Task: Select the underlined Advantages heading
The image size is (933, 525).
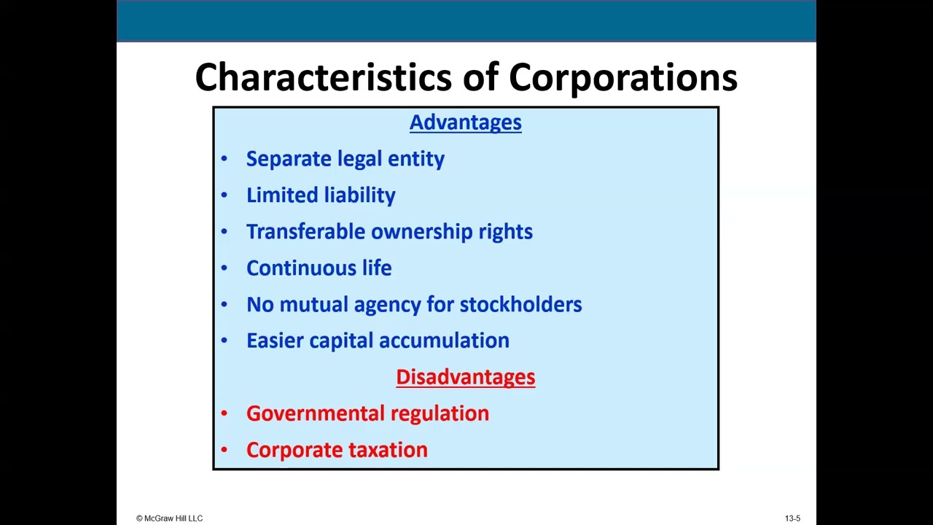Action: (465, 122)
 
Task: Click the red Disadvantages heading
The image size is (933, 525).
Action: (465, 377)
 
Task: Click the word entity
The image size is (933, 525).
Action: (415, 159)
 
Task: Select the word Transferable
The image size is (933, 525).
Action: (305, 232)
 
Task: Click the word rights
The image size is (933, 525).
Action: (505, 232)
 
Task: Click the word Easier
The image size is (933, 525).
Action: (275, 341)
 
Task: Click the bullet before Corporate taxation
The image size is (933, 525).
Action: (224, 450)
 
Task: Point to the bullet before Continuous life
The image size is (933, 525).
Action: (224, 268)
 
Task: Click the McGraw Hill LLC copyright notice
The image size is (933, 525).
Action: (169, 518)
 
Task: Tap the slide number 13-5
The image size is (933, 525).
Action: (792, 518)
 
